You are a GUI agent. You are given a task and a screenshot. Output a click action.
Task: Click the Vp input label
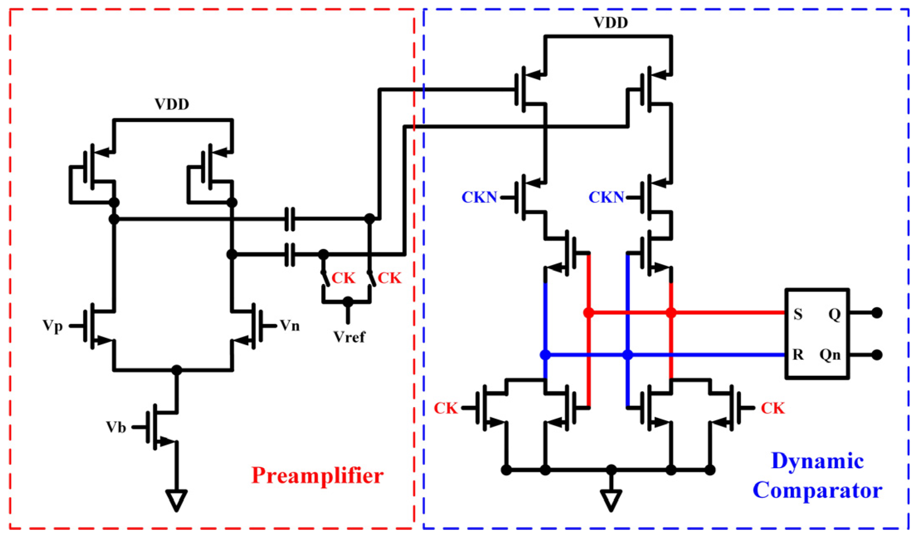(x=53, y=326)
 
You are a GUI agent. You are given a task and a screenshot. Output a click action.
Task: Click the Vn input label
(x=290, y=326)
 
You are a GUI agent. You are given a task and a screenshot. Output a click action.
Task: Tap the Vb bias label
(x=116, y=427)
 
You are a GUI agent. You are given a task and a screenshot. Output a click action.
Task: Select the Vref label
(x=349, y=337)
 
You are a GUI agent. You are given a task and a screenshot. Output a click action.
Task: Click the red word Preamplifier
(x=317, y=476)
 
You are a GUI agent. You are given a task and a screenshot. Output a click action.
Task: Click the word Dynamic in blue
(x=817, y=461)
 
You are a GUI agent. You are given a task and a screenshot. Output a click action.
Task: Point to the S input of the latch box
(x=798, y=314)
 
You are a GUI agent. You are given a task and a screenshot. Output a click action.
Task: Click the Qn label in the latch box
(x=830, y=355)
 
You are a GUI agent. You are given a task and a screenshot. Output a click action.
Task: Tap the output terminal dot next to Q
(x=877, y=313)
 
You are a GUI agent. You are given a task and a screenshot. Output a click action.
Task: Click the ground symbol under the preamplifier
(x=176, y=500)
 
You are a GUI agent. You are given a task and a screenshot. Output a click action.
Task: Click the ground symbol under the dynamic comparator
(x=611, y=500)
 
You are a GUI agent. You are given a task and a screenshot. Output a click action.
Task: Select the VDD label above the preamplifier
(x=172, y=105)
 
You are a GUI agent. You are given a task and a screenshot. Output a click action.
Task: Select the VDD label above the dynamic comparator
(x=611, y=23)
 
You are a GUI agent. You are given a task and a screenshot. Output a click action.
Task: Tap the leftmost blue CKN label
(x=479, y=198)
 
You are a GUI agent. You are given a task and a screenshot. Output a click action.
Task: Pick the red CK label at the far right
(x=773, y=408)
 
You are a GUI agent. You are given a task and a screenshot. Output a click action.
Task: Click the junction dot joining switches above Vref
(x=348, y=302)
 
